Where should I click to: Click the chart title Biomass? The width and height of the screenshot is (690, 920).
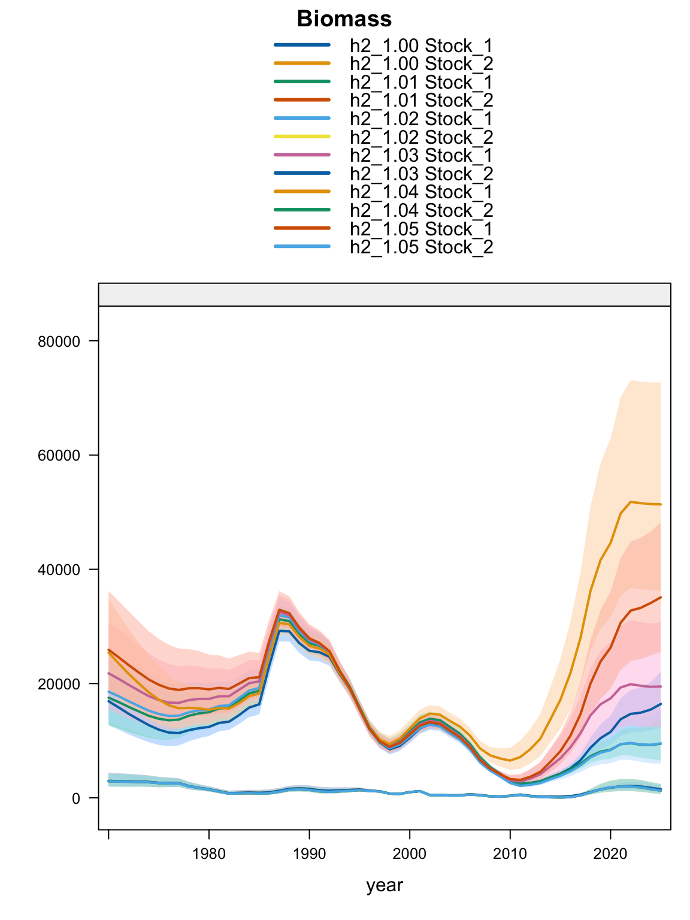pos(344,19)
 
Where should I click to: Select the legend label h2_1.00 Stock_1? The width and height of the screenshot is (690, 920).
pos(421,46)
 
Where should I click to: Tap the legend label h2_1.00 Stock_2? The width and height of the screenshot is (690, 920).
pos(421,64)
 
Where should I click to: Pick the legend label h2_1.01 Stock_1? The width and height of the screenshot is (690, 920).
pos(421,82)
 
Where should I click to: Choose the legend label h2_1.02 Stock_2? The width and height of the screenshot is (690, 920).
pos(421,137)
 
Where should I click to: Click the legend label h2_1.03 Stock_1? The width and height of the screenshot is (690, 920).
pos(421,156)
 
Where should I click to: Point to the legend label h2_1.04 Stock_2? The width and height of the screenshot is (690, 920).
pos(421,211)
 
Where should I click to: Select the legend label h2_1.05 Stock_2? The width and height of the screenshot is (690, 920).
pos(421,247)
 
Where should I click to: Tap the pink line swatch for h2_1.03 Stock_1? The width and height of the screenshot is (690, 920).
pos(302,155)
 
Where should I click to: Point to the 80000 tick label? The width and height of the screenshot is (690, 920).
pos(59,341)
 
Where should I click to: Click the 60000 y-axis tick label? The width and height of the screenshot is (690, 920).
pos(59,456)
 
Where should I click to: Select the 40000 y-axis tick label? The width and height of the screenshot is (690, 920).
pos(59,570)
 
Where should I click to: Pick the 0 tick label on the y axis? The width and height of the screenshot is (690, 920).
pos(76,798)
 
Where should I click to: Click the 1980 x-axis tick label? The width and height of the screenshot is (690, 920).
pos(208,854)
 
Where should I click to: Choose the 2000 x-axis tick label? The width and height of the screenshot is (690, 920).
pos(409,854)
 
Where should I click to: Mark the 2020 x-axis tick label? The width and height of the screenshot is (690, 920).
pos(610,854)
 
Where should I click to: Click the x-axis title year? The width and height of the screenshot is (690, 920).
pos(385,885)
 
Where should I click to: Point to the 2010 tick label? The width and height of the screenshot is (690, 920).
pos(510,854)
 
